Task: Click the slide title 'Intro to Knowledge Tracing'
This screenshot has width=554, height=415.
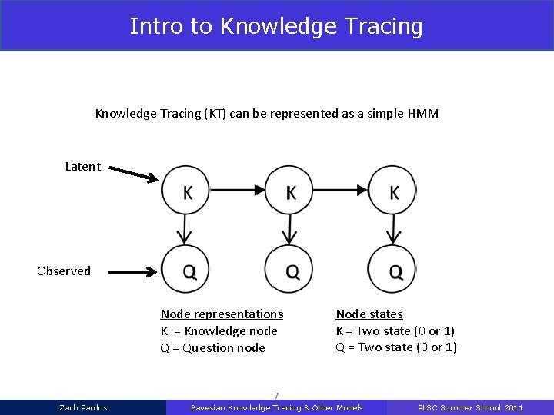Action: point(276,26)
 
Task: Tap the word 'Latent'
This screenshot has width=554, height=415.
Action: point(82,166)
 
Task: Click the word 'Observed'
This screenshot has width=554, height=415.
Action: point(64,271)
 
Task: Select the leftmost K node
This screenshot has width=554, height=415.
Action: point(185,191)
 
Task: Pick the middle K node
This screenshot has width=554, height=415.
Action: point(289,191)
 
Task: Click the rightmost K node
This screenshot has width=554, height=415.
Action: point(393,191)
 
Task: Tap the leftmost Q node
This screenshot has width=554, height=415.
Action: point(185,270)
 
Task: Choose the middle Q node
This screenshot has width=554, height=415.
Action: point(289,270)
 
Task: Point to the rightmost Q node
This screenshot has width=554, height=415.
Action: point(393,270)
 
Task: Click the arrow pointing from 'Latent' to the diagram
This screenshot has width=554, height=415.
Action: point(131,174)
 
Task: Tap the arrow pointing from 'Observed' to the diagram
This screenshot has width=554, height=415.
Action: point(132,271)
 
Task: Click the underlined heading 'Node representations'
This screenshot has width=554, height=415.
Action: point(222,314)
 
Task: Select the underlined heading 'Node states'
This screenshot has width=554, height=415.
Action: point(369,314)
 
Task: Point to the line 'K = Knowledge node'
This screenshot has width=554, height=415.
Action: point(219,330)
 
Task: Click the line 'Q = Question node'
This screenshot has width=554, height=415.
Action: point(212,347)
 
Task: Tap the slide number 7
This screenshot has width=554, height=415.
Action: point(276,395)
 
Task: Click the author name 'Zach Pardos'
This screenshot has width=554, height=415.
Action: point(83,407)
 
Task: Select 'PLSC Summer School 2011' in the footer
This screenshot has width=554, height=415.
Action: point(469,407)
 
